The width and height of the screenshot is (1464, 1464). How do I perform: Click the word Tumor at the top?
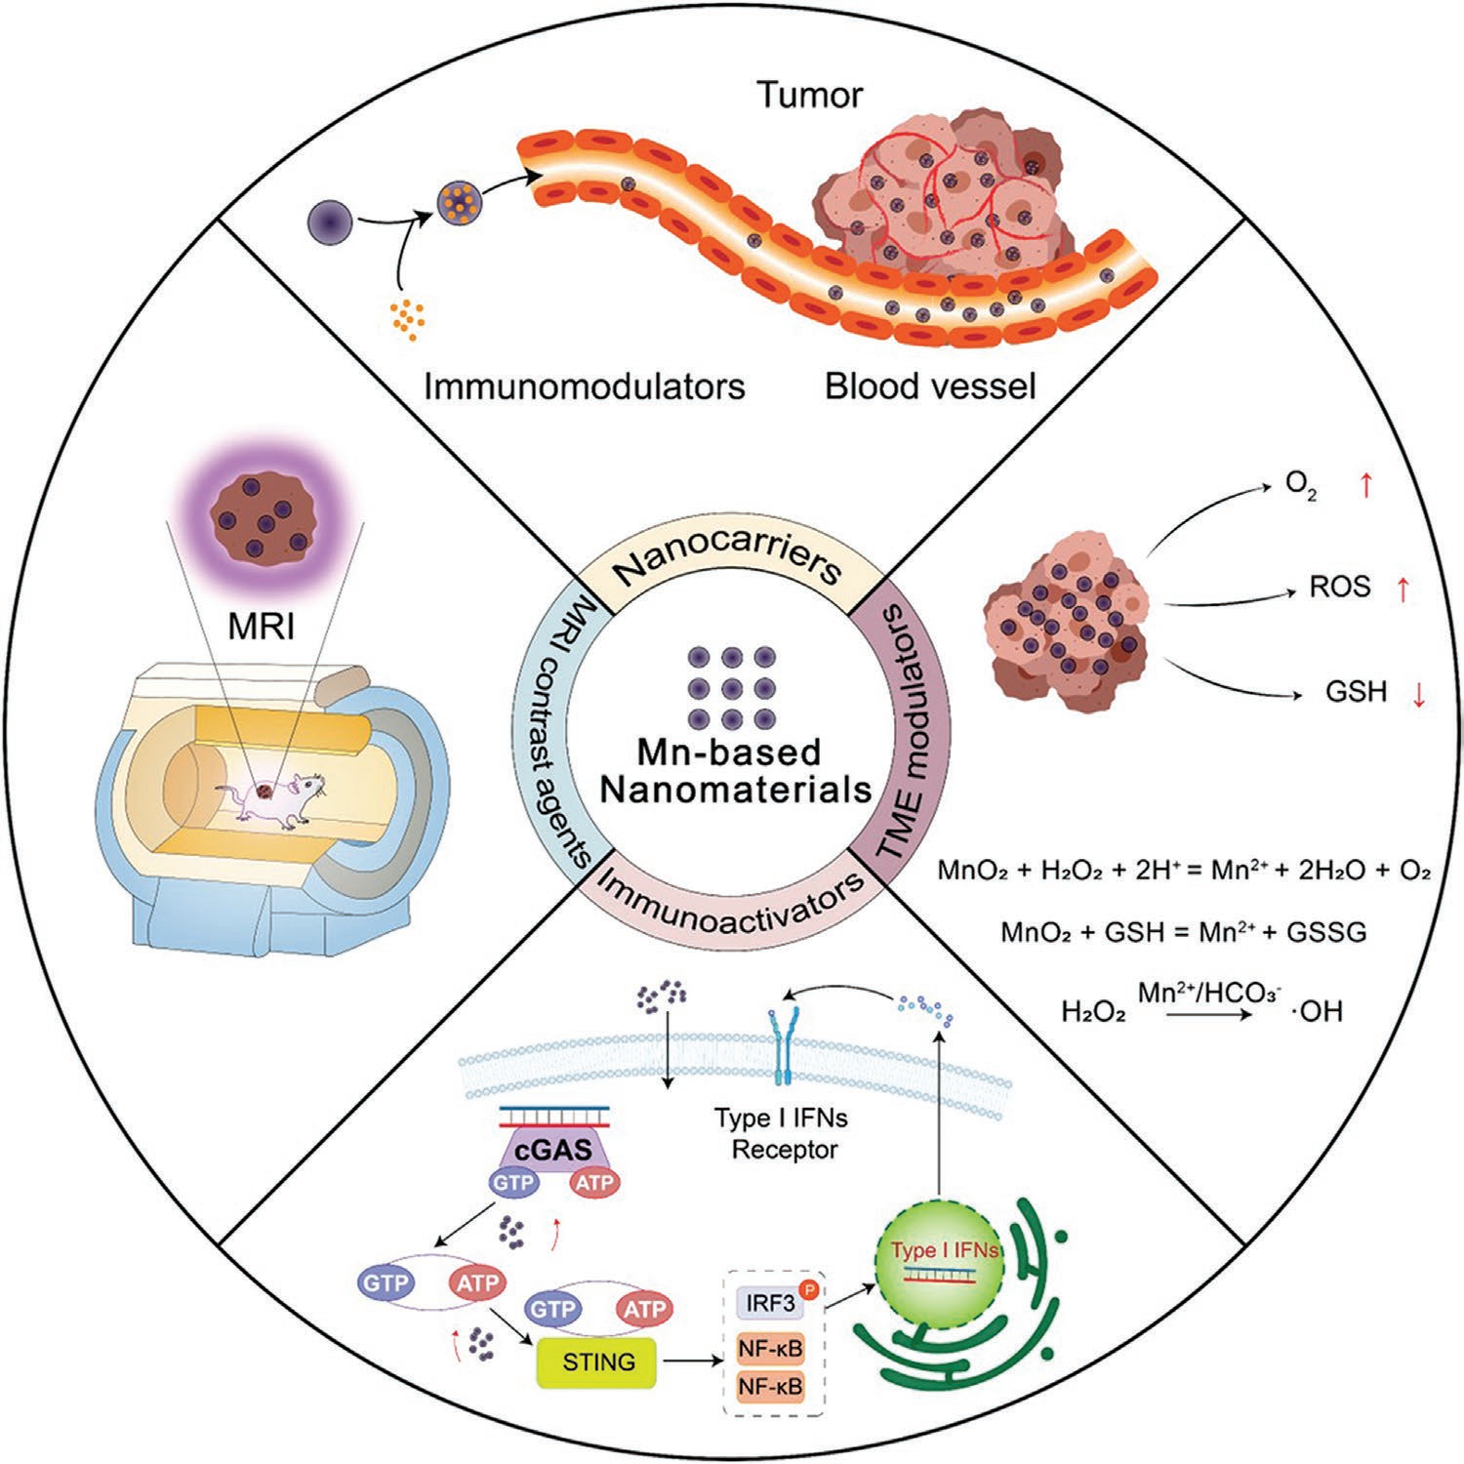810,96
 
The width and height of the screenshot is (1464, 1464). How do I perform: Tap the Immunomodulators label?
584,386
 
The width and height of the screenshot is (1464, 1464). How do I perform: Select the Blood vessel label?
930,386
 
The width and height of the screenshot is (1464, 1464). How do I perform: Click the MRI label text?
262,626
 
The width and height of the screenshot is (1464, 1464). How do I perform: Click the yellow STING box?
597,1362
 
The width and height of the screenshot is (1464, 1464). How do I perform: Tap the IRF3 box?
769,1303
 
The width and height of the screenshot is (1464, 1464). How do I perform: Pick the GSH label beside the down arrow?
1356,692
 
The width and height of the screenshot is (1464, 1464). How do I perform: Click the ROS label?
1340,588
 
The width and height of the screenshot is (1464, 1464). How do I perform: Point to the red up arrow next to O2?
1366,485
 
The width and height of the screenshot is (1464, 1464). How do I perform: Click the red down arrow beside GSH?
1418,694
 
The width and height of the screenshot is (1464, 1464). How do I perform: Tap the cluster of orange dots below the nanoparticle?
407,319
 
